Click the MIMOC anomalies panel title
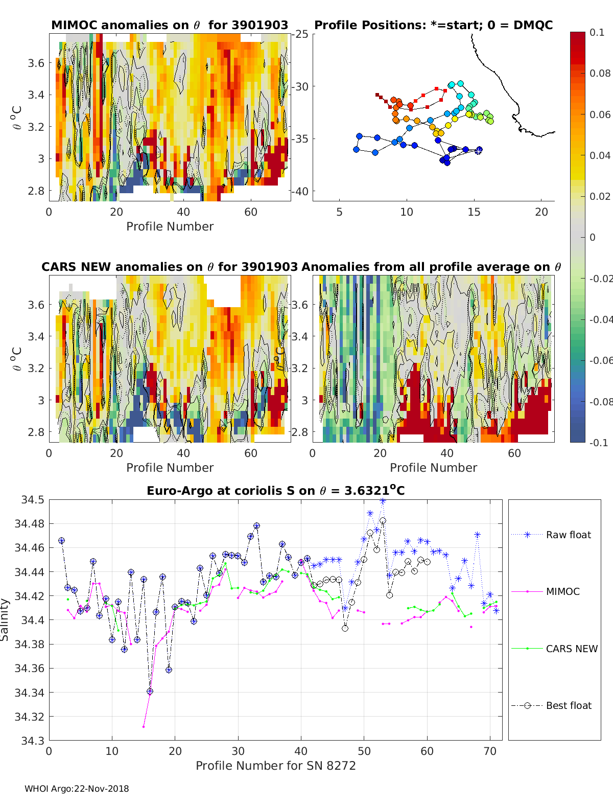point(170,25)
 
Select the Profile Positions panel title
point(433,25)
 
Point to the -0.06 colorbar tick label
point(600,360)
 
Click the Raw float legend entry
point(568,535)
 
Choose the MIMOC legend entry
point(562,591)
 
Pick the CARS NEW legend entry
point(571,649)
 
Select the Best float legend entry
point(568,705)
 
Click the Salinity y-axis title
point(5,619)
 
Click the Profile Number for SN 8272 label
point(275,766)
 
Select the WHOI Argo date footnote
point(77,789)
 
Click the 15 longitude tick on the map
point(474,212)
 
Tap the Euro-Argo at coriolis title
point(275,491)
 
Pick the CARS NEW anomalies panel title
point(169,267)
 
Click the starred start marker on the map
point(479,150)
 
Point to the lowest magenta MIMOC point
point(144,726)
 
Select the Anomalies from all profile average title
point(431,267)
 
